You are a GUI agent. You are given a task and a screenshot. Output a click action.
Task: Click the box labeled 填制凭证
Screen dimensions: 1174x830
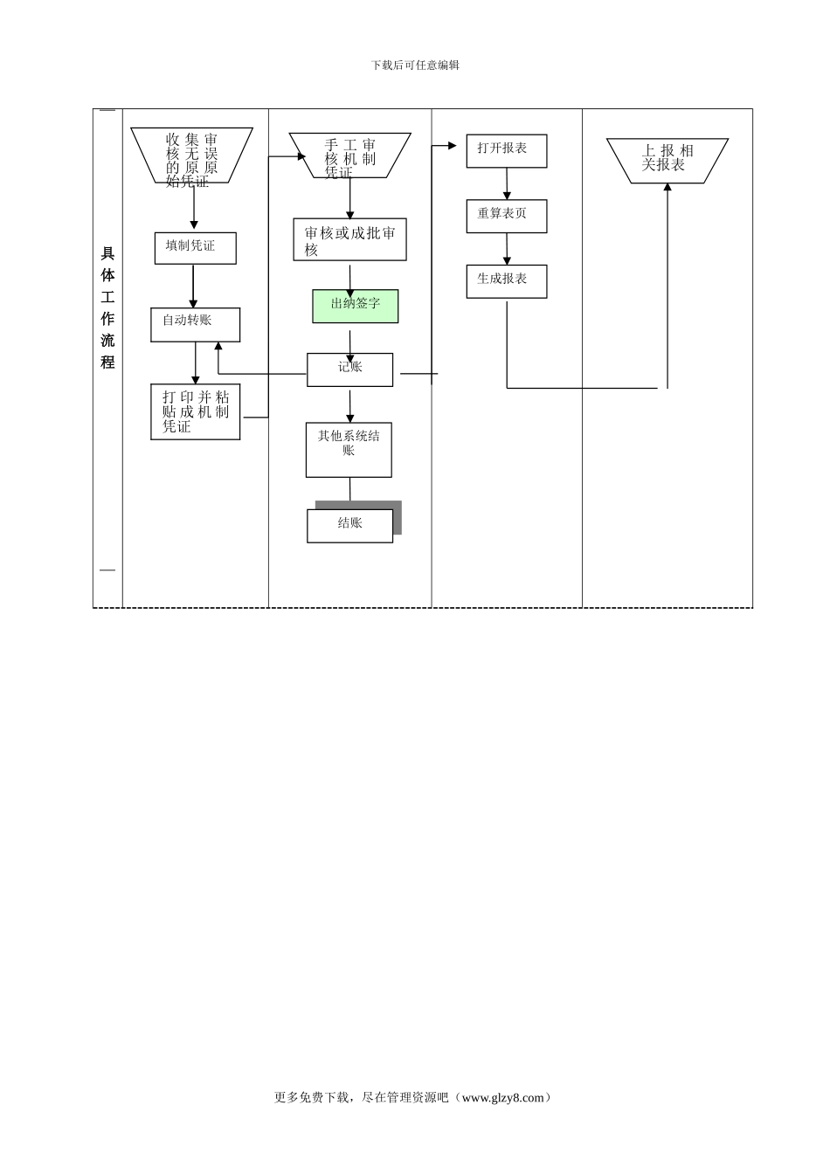click(195, 247)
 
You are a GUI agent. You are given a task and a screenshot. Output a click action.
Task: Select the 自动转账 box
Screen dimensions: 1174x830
click(195, 324)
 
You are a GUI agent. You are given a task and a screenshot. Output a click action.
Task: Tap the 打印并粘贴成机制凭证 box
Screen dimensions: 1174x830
click(195, 411)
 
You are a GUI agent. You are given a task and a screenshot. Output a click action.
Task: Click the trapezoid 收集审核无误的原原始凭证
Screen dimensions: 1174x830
click(192, 155)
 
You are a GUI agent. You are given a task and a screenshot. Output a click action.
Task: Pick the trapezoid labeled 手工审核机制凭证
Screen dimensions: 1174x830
click(349, 155)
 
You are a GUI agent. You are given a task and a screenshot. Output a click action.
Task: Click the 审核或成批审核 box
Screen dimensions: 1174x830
click(349, 239)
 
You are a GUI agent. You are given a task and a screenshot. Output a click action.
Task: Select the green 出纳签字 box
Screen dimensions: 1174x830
click(356, 306)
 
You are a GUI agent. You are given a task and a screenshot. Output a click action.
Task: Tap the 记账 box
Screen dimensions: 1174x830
click(349, 369)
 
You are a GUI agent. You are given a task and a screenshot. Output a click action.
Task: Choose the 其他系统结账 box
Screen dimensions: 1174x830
click(349, 450)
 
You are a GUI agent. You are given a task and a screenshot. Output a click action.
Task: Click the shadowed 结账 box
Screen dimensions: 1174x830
click(349, 525)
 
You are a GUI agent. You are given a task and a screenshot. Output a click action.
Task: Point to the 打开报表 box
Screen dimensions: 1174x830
click(506, 150)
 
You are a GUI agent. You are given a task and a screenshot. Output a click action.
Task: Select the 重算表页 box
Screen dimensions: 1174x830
click(506, 216)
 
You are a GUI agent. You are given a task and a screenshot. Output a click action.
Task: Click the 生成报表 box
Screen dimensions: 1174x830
click(506, 281)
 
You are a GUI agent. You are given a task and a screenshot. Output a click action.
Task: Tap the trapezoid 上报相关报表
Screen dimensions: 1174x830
click(667, 160)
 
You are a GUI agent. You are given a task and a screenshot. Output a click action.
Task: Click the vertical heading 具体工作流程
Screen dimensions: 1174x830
click(107, 307)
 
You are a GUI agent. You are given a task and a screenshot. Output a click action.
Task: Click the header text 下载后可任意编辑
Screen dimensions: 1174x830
click(415, 65)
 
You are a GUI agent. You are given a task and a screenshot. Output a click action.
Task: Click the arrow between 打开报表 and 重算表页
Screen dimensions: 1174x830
click(507, 183)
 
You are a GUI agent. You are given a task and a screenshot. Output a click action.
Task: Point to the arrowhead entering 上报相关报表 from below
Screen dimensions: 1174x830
click(667, 188)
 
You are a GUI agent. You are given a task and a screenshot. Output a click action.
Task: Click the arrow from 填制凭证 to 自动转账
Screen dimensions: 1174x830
click(194, 286)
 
